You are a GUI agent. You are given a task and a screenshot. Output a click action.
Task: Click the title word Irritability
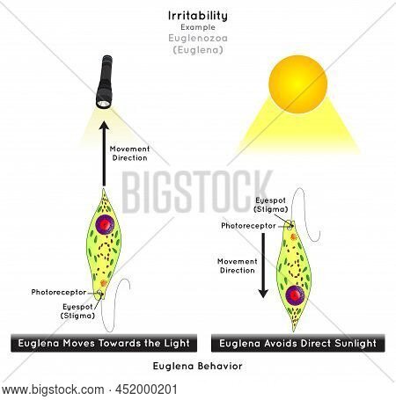coord(198,16)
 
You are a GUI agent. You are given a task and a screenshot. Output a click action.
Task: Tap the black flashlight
coord(105,82)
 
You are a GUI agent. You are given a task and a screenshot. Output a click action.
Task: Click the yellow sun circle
coord(297,84)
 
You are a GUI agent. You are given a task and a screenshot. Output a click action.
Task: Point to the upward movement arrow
coord(104,154)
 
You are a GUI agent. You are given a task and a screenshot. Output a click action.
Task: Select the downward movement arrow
coord(263,265)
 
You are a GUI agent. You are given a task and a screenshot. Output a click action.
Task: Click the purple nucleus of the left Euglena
coord(105,224)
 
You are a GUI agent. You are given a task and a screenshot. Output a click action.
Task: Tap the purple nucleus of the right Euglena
coord(295,295)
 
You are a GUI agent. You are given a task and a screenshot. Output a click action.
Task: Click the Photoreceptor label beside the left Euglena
coord(59,292)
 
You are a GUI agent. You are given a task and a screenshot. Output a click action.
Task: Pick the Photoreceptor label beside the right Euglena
coord(248,226)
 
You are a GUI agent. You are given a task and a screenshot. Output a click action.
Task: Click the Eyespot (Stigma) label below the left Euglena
coord(77,311)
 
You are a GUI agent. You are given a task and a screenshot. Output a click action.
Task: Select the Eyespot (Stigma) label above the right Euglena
coord(271,205)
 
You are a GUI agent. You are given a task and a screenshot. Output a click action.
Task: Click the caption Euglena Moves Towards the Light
coord(104,343)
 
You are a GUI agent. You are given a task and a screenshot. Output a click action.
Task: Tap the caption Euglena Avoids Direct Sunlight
coord(297,343)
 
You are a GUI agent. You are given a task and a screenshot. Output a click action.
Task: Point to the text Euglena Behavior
coord(198,366)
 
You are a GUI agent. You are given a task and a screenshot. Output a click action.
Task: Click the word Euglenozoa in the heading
coord(198,38)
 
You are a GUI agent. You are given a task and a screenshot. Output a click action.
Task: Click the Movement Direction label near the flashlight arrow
coord(129,153)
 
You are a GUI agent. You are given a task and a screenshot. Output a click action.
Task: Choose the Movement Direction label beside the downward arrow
coord(238,265)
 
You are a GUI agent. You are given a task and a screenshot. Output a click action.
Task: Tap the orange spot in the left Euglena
coord(104,283)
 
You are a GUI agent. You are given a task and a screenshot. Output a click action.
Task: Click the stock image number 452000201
coord(146,389)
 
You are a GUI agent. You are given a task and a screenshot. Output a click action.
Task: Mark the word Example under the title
coord(198,27)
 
